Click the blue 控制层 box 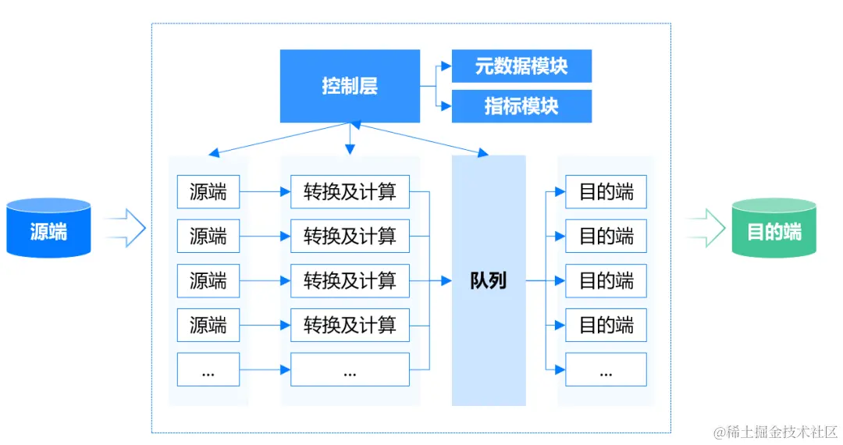[350, 86]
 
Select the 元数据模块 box [521, 66]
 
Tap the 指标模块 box [521, 106]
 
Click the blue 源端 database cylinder [48, 228]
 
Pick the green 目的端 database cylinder [774, 228]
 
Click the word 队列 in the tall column [489, 280]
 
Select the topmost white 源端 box [208, 192]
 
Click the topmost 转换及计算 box [350, 192]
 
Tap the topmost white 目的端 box [606, 192]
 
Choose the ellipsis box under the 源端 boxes [208, 369]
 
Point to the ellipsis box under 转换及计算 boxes [350, 369]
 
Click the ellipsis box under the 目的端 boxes [606, 369]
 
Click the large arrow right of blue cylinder [125, 228]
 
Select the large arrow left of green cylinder [706, 228]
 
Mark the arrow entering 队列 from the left [446, 280]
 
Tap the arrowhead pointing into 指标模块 [446, 106]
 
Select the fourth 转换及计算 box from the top [350, 325]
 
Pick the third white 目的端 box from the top [606, 280]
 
